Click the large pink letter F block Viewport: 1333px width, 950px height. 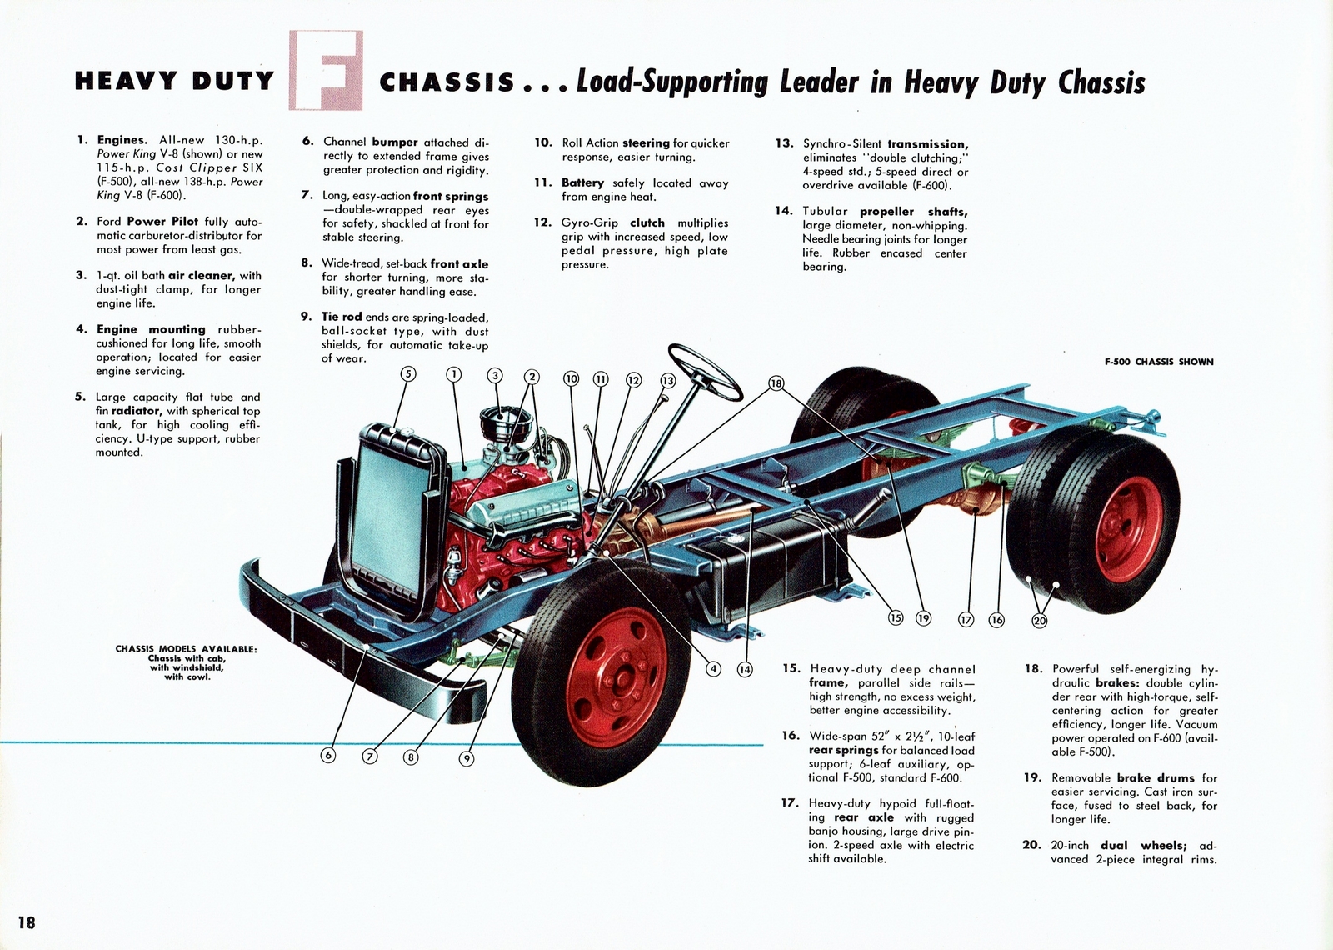[326, 71]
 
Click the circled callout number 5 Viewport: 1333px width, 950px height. [408, 374]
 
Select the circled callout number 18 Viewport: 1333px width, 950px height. [776, 383]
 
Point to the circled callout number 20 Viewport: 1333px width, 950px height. [1039, 620]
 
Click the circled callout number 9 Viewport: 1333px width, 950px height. [467, 758]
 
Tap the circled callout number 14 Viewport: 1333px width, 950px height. [744, 668]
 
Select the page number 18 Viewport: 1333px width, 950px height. [26, 922]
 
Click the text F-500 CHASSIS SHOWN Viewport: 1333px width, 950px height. [1159, 362]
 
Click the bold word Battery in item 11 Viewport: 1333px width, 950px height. [582, 182]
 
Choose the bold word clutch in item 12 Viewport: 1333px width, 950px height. [647, 222]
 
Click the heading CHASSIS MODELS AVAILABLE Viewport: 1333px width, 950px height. [187, 649]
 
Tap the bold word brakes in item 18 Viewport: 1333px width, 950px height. [1121, 682]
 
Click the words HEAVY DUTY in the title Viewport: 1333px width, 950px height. [174, 81]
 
